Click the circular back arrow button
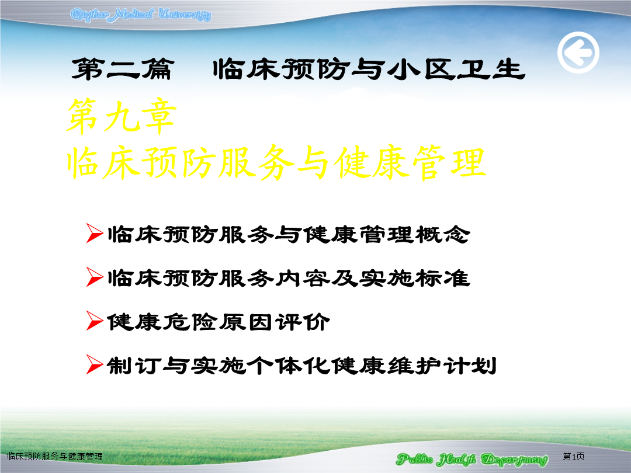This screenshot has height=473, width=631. tap(578, 53)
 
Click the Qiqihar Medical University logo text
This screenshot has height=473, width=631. tap(140, 15)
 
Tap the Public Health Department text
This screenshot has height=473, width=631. tap(472, 459)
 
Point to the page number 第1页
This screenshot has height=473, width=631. tap(574, 456)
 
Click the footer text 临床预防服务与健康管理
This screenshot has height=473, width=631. tap(55, 456)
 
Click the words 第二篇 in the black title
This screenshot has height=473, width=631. tap(123, 69)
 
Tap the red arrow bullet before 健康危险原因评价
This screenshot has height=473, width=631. tap(95, 321)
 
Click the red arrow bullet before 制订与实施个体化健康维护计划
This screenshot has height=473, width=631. tap(95, 365)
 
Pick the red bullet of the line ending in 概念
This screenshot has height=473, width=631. tap(95, 233)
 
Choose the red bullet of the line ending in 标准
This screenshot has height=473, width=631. tap(95, 277)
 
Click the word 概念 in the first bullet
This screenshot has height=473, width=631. tap(443, 234)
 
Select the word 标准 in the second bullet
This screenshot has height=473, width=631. tap(443, 278)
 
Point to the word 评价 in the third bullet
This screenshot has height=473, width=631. tap(303, 322)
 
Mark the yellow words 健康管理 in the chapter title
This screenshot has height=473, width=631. tap(410, 162)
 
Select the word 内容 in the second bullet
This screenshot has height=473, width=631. tap(302, 278)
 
